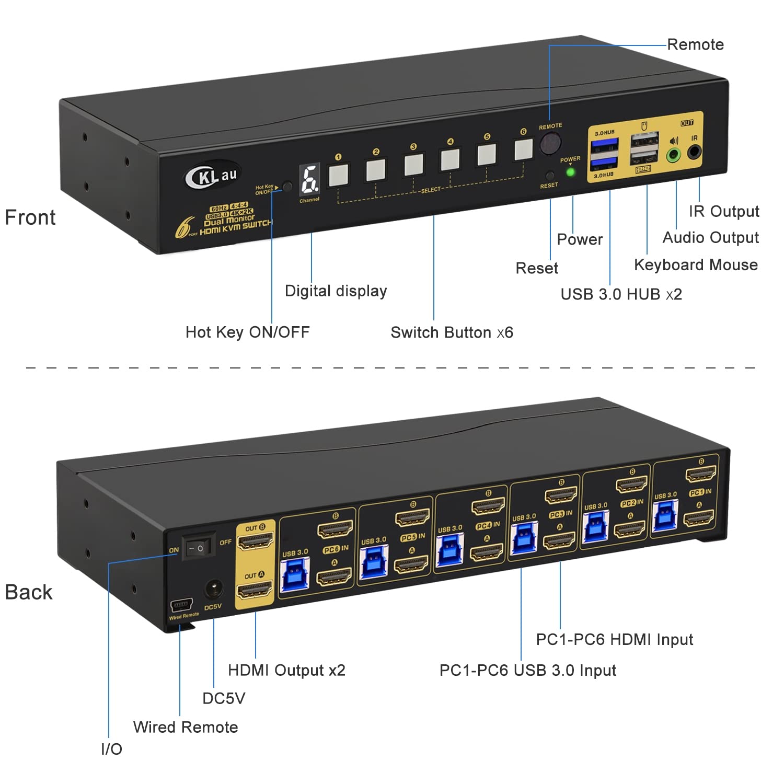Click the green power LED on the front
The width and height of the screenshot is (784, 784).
[571, 171]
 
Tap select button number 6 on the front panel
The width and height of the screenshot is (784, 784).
[523, 149]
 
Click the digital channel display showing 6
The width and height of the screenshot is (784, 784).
[310, 180]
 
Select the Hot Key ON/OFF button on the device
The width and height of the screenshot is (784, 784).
[287, 187]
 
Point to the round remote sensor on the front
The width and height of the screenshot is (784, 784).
[550, 143]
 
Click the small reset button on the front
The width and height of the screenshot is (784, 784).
[549, 175]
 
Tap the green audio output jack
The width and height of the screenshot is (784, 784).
[674, 154]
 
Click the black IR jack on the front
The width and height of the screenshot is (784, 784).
[694, 152]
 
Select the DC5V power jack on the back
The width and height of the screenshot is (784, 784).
[213, 590]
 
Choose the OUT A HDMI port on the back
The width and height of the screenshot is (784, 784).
[255, 591]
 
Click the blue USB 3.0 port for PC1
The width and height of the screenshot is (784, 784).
[665, 515]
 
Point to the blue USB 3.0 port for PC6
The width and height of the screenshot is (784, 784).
[295, 575]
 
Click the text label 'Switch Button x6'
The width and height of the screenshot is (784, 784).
[452, 332]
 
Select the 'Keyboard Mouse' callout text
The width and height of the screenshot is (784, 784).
[695, 265]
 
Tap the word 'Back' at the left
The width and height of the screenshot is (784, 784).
[29, 592]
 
